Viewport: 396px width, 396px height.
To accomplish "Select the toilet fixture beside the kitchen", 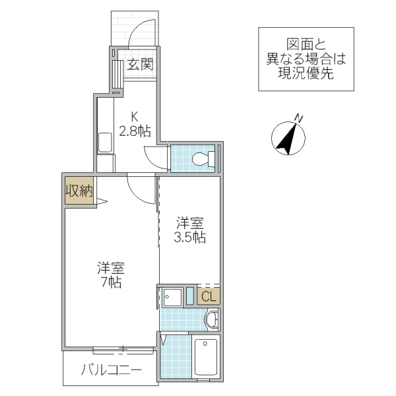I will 204,158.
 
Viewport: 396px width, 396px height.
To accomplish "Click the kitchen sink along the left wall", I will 105,143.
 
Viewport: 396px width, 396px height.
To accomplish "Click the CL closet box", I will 208,296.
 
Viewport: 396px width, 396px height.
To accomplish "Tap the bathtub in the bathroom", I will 207,360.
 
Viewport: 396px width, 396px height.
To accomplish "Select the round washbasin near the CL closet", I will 211,320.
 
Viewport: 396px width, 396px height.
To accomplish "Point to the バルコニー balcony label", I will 111,370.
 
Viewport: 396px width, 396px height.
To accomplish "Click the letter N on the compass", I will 299,119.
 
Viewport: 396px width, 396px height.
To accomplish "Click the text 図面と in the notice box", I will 306,44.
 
